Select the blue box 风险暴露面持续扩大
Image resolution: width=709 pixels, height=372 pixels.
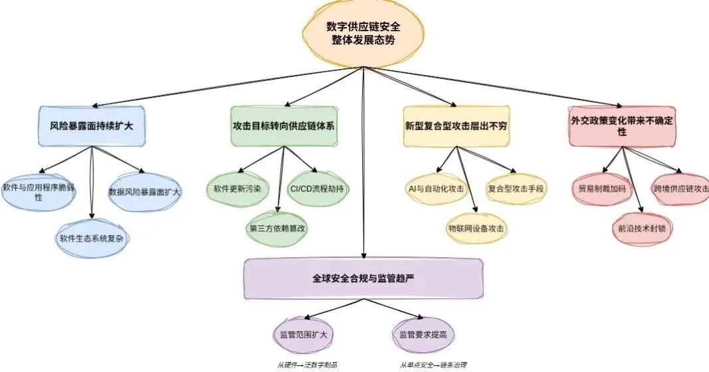pyautogui.click(x=90, y=125)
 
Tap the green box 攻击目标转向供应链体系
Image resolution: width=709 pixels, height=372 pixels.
pyautogui.click(x=284, y=125)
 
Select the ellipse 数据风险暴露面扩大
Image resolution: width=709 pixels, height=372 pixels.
pyautogui.click(x=145, y=192)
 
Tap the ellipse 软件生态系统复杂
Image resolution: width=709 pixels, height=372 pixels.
pyautogui.click(x=90, y=237)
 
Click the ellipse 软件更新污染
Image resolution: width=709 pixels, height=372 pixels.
pyautogui.click(x=237, y=189)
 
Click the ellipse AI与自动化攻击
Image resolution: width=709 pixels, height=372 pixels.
pyautogui.click(x=437, y=189)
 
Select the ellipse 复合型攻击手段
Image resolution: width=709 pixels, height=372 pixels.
pyautogui.click(x=516, y=189)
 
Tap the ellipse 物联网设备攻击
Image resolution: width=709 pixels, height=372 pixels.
pyautogui.click(x=476, y=228)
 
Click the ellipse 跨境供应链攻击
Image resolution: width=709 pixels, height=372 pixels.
pyautogui.click(x=680, y=188)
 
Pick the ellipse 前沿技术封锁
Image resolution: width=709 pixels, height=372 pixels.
pyautogui.click(x=641, y=228)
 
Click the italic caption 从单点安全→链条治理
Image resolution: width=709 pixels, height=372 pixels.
pyautogui.click(x=433, y=365)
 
